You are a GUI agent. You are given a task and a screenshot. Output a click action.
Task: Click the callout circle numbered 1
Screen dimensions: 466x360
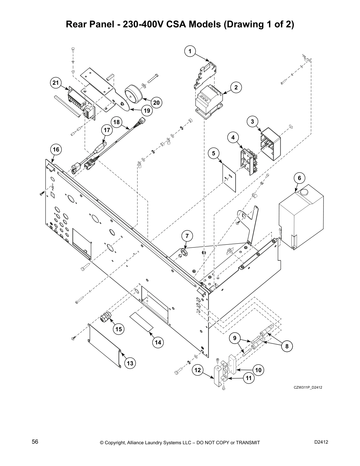coord(190,51)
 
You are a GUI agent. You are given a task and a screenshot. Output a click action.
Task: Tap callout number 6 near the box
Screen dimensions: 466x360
coord(299,178)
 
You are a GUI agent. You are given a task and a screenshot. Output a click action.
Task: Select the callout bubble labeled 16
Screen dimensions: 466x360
coord(56,149)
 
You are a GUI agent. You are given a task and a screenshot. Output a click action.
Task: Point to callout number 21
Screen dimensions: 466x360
coord(56,83)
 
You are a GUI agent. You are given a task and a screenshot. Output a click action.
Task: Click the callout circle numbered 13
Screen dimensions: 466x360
coord(130,363)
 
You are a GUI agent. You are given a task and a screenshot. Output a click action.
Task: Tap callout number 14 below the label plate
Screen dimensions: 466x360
coord(158,342)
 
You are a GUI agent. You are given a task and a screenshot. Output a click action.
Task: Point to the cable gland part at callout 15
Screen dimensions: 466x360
coord(105,317)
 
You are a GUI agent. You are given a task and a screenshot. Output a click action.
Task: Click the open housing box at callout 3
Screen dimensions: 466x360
coord(271,144)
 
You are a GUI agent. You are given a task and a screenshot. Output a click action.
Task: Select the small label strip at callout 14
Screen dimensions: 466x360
coord(142,322)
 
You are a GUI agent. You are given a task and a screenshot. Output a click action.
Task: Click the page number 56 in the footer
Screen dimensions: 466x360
coord(35,442)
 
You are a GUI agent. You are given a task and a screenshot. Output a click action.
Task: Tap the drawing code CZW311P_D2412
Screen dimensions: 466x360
coord(308,387)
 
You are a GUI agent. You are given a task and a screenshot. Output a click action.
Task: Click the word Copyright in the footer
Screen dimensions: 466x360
coord(116,442)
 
